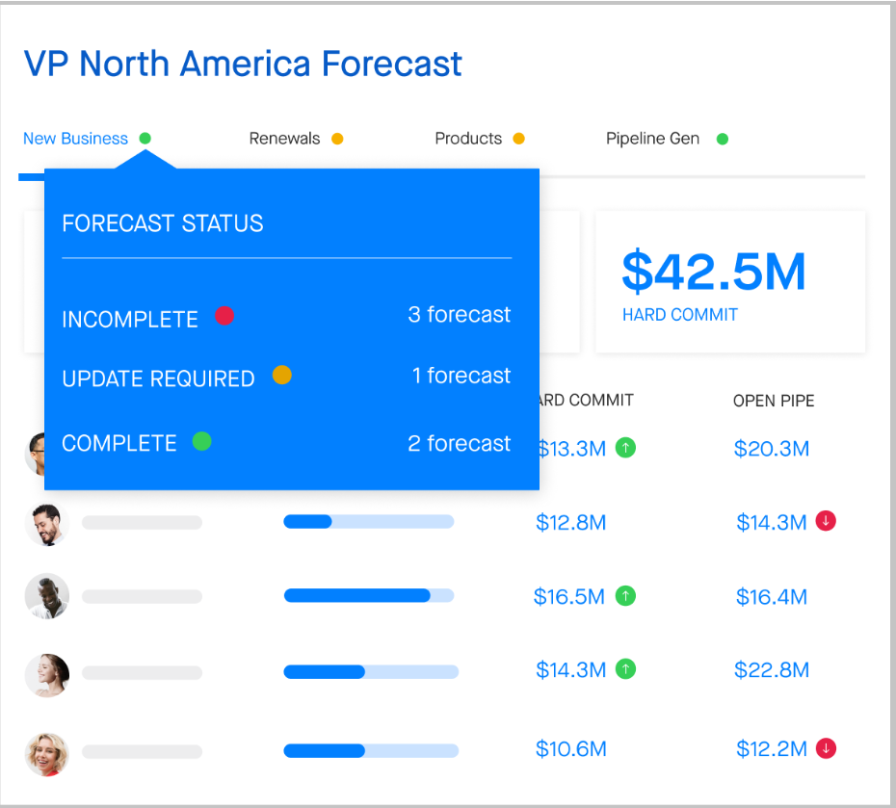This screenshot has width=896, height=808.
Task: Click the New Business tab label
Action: (75, 139)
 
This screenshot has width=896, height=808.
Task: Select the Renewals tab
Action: (284, 139)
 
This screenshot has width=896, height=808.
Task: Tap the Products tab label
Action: (468, 139)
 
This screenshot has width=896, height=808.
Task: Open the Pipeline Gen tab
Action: (652, 139)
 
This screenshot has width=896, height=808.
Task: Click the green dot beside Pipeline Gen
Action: (723, 139)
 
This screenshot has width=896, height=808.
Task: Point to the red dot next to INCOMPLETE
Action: (224, 316)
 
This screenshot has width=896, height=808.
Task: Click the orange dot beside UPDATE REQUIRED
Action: (281, 376)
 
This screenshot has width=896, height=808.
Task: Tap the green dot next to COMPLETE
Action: (201, 441)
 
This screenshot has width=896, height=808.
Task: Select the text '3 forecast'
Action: (459, 315)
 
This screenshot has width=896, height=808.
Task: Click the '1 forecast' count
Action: (461, 376)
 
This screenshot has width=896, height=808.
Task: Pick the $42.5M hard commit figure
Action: (714, 272)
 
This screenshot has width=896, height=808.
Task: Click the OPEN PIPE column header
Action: (774, 401)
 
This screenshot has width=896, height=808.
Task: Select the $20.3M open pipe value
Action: (772, 449)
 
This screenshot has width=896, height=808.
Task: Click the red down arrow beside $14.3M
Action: (826, 521)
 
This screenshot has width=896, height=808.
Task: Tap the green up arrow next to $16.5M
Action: (625, 596)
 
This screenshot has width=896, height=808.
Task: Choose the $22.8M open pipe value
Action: (772, 670)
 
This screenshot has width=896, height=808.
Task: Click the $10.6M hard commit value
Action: (571, 749)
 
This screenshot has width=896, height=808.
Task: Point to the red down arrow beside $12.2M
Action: (826, 748)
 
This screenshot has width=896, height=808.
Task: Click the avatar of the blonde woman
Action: (47, 754)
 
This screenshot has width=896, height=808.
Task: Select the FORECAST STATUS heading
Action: (162, 223)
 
